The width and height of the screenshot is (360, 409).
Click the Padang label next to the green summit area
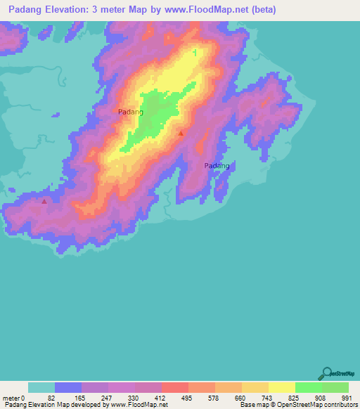click(131, 112)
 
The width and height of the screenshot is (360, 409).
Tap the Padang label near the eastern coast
click(217, 166)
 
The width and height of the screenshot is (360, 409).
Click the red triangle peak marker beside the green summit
click(181, 133)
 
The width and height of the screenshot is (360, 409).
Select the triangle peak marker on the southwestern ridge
click(45, 201)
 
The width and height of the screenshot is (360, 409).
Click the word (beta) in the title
click(262, 10)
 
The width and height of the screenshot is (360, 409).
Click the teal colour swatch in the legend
click(41, 387)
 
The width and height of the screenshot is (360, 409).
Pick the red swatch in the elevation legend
click(174, 387)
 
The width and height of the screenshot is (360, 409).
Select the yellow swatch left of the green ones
click(281, 387)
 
